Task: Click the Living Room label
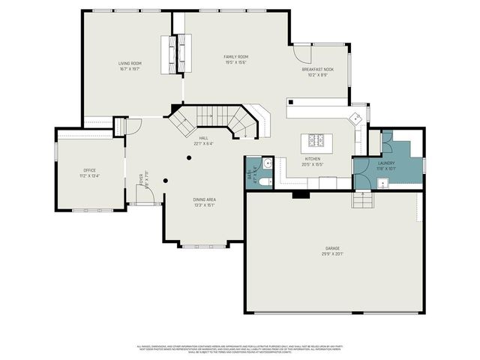(130, 65)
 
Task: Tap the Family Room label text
(235, 59)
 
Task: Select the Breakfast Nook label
(317, 72)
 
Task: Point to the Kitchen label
(312, 161)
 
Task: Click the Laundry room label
(386, 165)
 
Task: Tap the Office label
(90, 174)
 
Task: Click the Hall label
(202, 140)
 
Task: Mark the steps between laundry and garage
(361, 200)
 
